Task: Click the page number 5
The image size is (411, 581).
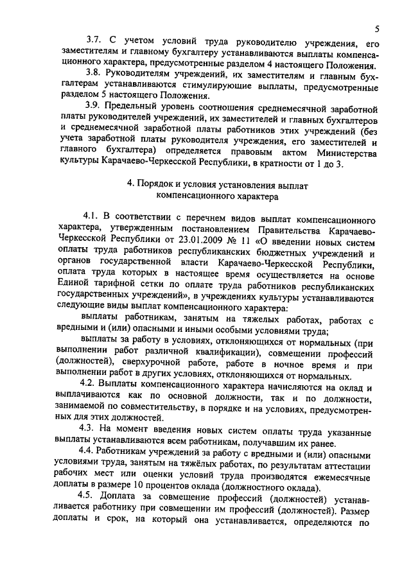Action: (x=378, y=29)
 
